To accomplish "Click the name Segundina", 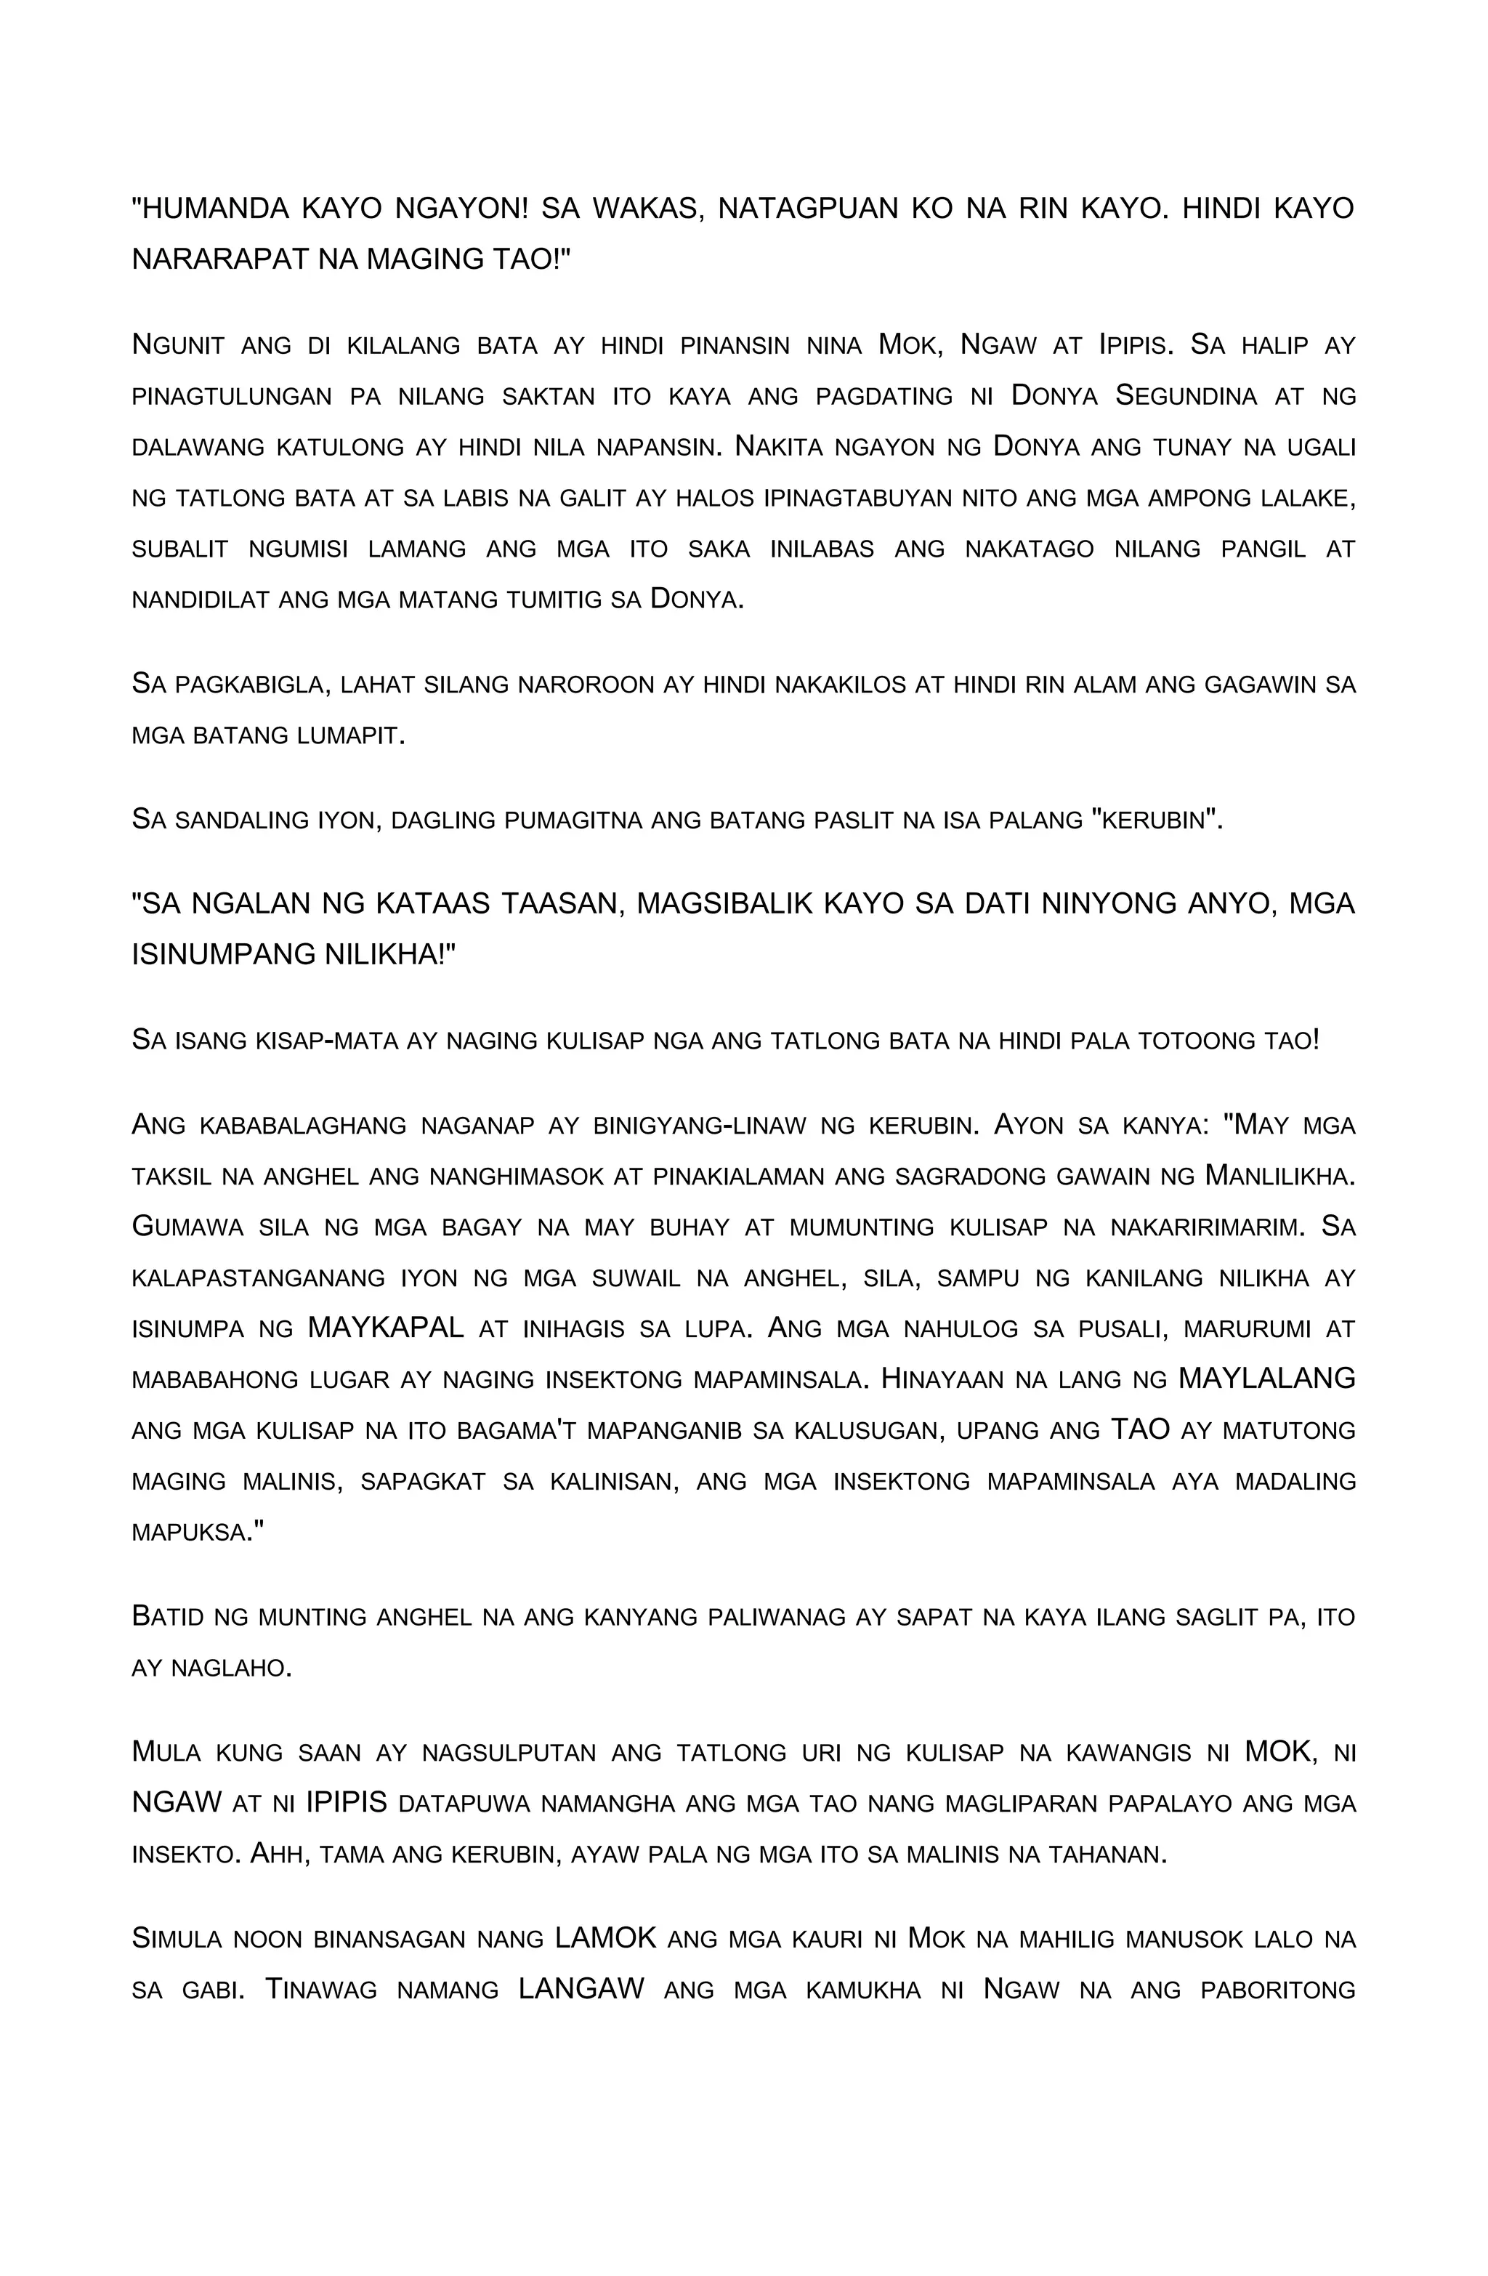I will pyautogui.click(x=1186, y=396).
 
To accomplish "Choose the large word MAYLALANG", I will pyautogui.click(x=1266, y=1379).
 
